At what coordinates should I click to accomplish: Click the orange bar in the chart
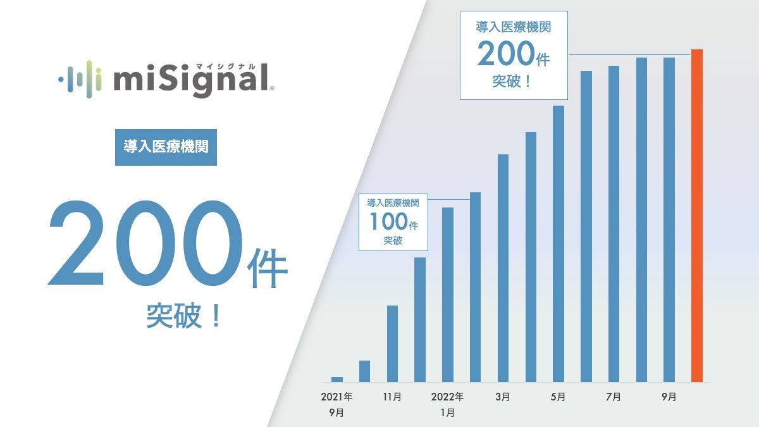(696, 215)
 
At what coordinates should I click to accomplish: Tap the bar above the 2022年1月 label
(448, 294)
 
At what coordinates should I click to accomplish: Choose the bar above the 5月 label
(558, 244)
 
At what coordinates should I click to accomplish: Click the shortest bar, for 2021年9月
(337, 380)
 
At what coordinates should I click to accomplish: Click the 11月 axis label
(392, 397)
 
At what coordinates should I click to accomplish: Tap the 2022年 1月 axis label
(447, 404)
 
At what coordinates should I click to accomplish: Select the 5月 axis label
(558, 397)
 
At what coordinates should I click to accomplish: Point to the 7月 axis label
(613, 397)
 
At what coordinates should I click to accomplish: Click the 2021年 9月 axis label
(336, 404)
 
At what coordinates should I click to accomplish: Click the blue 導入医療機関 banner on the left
(166, 147)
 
